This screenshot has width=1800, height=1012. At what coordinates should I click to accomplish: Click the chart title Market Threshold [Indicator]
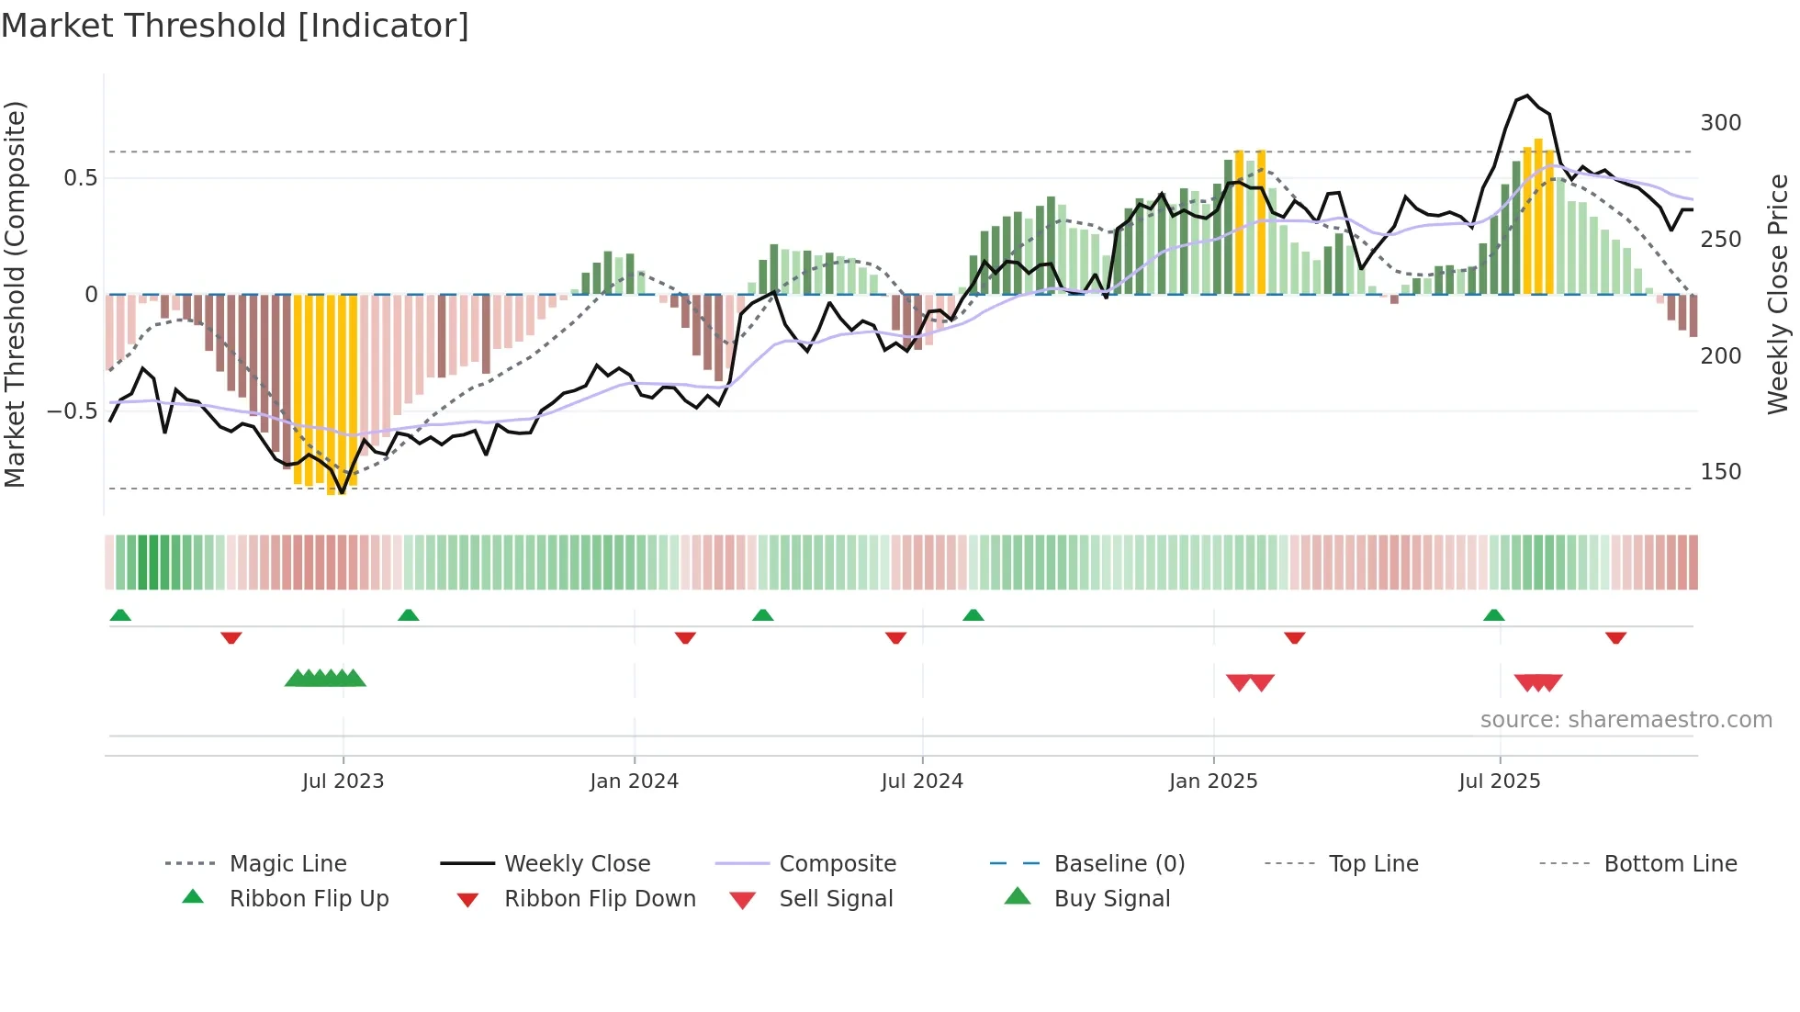point(235,26)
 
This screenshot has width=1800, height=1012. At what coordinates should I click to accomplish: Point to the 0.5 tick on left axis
point(80,178)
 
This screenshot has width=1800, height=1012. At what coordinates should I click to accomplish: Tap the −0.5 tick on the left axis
point(73,411)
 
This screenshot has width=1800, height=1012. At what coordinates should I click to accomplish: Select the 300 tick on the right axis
point(1720,123)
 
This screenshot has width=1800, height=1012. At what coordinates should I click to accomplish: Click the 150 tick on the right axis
point(1720,472)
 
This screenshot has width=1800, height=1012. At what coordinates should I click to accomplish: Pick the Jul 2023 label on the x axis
point(343,781)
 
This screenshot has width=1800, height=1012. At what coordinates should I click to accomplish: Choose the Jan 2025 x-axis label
point(1212,781)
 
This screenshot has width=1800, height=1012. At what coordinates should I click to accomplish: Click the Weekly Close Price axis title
point(1778,294)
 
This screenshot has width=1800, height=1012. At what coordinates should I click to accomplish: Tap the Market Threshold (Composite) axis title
point(15,294)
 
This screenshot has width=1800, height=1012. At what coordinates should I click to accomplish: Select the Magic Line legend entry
point(287,864)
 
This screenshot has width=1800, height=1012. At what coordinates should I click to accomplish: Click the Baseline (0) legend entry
point(1119,864)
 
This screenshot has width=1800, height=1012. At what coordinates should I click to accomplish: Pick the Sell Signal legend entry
point(835,899)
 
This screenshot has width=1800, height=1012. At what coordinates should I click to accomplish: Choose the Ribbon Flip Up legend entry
point(309,899)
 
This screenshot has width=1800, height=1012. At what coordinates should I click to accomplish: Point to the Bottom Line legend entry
point(1670,864)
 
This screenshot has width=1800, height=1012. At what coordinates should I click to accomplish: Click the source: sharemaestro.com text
point(1626,720)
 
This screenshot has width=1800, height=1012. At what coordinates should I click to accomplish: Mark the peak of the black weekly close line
point(1526,96)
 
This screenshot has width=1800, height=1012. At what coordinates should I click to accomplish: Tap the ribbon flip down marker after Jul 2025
point(1615,637)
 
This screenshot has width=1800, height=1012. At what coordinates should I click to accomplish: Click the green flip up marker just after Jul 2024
point(973,615)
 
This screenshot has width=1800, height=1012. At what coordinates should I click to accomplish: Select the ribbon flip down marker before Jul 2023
point(231,637)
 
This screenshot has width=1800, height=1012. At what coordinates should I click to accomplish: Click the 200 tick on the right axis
point(1720,356)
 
